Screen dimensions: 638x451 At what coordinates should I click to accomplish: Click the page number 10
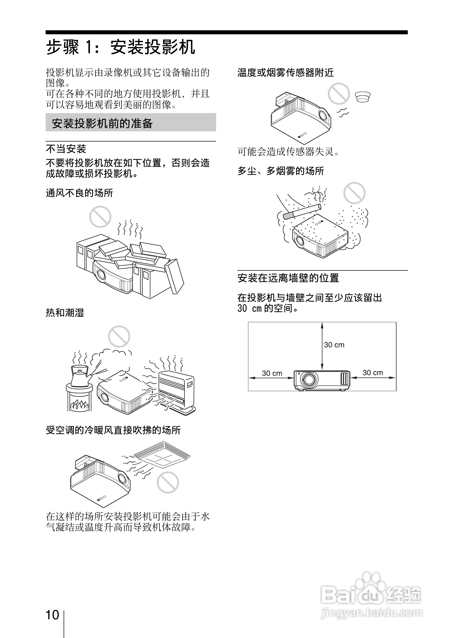52,615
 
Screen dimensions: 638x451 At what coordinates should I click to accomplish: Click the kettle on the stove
79,377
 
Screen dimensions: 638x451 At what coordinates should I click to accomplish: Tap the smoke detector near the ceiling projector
362,97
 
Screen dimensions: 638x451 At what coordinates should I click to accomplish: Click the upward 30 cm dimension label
334,345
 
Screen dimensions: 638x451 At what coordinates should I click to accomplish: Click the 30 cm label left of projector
272,373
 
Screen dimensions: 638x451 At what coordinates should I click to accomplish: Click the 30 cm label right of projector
373,373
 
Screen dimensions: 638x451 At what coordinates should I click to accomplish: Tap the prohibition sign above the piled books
100,217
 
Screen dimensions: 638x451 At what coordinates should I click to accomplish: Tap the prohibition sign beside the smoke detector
339,94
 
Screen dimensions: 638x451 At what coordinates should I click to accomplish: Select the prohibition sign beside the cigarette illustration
354,193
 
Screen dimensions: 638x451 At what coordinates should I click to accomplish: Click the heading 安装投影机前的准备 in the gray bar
102,123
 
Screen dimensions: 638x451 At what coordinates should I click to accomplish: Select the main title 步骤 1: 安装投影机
121,47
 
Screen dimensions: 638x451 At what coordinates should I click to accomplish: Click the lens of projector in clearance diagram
309,379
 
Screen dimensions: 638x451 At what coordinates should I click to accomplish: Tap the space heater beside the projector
176,389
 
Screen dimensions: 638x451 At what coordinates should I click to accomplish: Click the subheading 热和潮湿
65,313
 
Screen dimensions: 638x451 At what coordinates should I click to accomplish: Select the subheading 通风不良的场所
79,193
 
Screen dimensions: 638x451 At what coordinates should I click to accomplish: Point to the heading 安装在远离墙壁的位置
288,278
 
